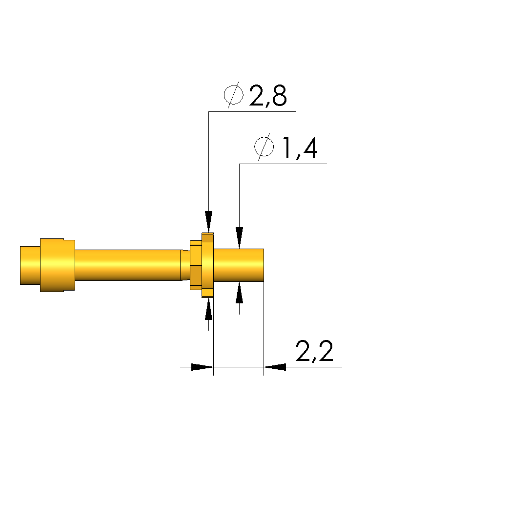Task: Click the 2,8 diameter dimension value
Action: (268, 95)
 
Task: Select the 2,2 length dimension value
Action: (314, 351)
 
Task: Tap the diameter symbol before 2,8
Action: (234, 95)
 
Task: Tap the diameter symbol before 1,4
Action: (264, 147)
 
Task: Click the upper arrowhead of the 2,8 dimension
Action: (208, 222)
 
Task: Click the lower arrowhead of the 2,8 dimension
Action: (208, 309)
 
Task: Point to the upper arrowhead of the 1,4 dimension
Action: (239, 238)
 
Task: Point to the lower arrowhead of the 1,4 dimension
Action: (239, 293)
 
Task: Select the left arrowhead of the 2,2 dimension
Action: (202, 367)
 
